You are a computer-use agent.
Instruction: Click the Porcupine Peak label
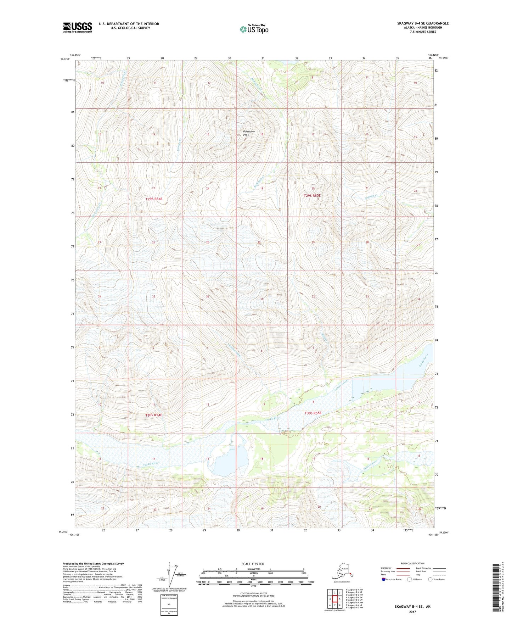tap(249, 133)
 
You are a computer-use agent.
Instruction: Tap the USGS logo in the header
tap(78, 27)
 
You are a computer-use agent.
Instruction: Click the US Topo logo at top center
tap(254, 29)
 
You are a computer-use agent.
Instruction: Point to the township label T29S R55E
tap(312, 195)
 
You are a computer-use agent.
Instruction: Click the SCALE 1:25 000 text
tap(253, 564)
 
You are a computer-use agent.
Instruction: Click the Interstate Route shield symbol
tap(383, 580)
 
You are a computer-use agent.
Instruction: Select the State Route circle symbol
tap(431, 580)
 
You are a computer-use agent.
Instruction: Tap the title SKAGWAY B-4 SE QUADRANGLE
tap(423, 23)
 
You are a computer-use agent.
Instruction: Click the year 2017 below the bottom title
tap(412, 612)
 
